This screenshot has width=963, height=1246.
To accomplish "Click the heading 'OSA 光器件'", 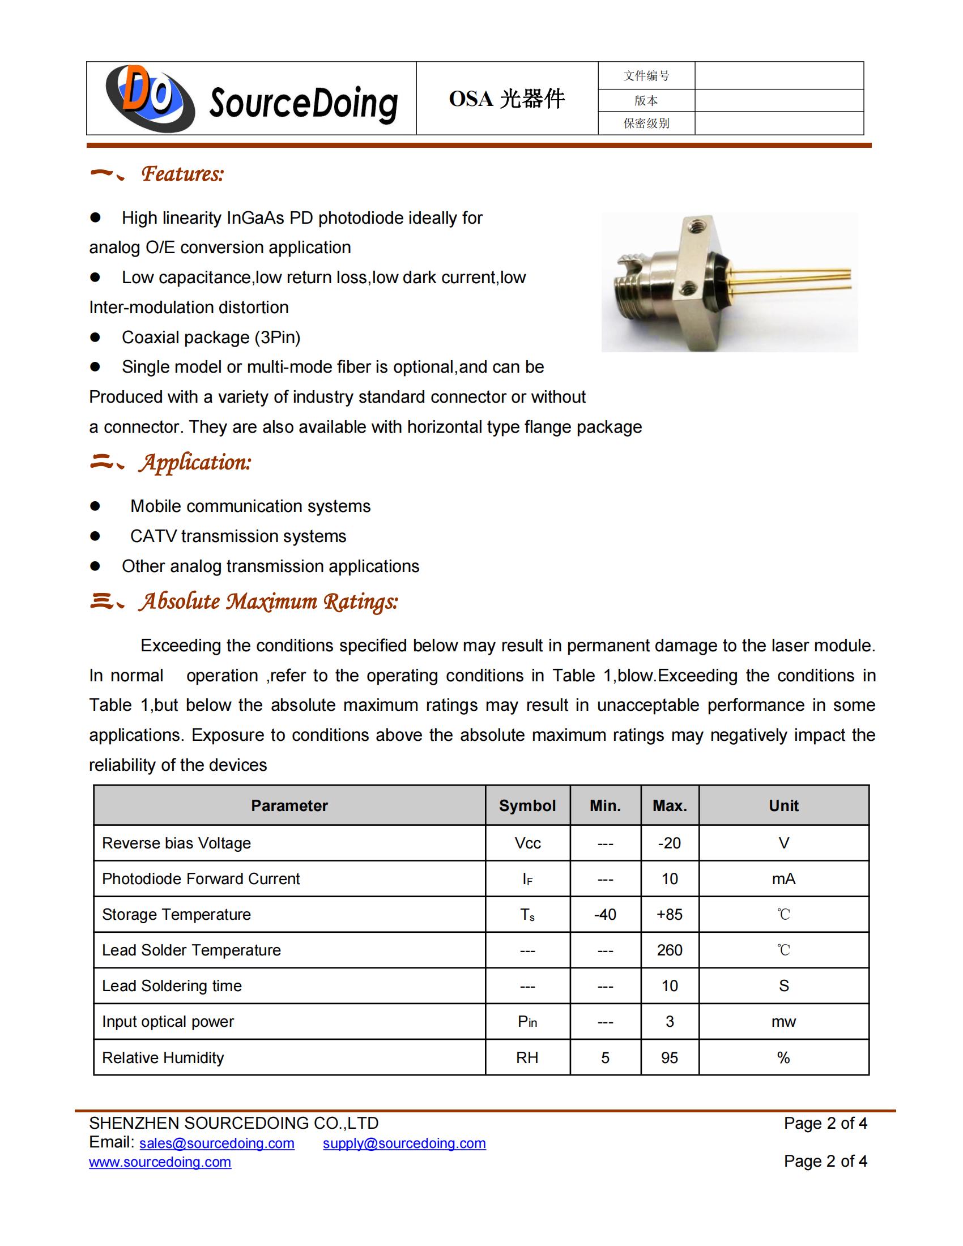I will click(506, 99).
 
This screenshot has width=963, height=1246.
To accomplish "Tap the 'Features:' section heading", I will click(182, 174).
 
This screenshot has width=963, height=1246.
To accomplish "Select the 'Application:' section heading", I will click(194, 463).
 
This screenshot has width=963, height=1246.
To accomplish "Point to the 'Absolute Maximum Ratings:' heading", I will click(267, 601).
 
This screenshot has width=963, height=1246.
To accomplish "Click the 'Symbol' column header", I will click(527, 805).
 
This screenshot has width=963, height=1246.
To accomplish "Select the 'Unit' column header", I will click(783, 805).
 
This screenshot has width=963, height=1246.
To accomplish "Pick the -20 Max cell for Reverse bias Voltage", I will click(669, 843).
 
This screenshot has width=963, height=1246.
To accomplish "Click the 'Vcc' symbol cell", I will click(527, 843).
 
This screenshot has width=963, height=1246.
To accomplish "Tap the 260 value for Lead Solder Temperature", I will click(669, 950).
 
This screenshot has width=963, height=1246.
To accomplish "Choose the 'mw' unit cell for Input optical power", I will click(783, 1022).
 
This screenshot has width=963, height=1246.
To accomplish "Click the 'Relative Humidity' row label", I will click(163, 1058).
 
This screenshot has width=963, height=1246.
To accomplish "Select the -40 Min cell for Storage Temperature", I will click(605, 915).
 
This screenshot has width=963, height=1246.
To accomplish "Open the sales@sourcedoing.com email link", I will click(217, 1143).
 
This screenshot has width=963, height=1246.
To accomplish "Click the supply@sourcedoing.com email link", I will click(404, 1143).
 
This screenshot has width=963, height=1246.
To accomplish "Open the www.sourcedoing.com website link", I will click(160, 1162).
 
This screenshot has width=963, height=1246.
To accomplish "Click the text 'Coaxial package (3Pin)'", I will click(211, 337).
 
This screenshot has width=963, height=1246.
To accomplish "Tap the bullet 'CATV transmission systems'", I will click(238, 536).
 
